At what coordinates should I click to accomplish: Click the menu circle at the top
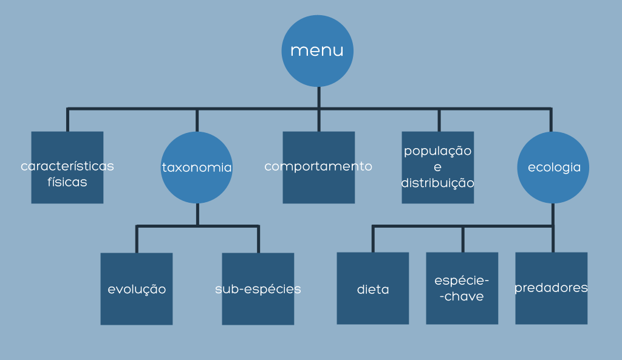[317, 51]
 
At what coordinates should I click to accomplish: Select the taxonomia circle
[197, 168]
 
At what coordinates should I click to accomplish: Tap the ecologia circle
[553, 168]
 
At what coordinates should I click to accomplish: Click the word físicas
[67, 182]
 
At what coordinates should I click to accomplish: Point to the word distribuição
[438, 182]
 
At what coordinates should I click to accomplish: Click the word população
[438, 151]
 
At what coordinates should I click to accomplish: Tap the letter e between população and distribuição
[438, 167]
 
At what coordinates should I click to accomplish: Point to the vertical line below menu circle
[318, 97]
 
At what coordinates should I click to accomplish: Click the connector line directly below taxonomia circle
[197, 214]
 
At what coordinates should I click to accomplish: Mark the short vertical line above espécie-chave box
[463, 239]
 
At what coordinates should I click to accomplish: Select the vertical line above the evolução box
[137, 239]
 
